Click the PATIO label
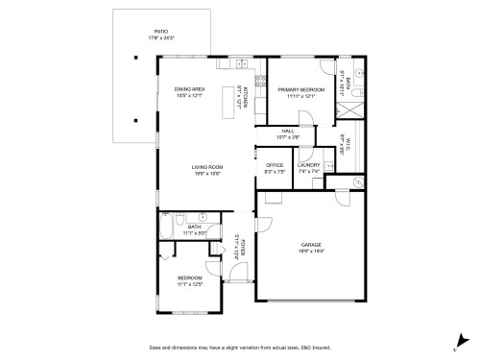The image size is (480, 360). pyautogui.click(x=159, y=31)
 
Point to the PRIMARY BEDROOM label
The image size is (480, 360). pyautogui.click(x=300, y=89)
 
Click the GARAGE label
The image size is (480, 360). pyautogui.click(x=311, y=244)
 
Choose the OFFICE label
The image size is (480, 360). pyautogui.click(x=274, y=165)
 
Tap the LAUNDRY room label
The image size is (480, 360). pyautogui.click(x=308, y=165)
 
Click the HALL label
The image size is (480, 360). pyautogui.click(x=288, y=131)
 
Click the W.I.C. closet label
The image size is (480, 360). pyautogui.click(x=343, y=145)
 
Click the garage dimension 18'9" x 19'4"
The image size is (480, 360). pyautogui.click(x=311, y=251)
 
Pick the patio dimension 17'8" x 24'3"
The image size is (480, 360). pyautogui.click(x=159, y=37)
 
